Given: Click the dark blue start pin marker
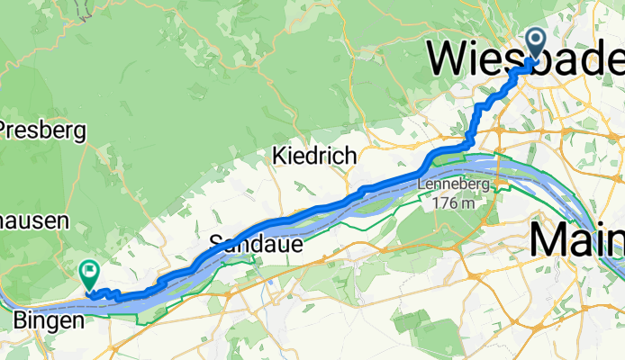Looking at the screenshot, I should tap(534, 43).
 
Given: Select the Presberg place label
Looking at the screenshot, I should tap(43, 131).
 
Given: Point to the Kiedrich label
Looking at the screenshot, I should tap(314, 157).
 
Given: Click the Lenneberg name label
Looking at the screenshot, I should tap(453, 185).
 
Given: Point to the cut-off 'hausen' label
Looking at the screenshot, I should tap(34, 221).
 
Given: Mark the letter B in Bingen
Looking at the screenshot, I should tap(21, 319).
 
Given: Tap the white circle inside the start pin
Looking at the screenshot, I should tap(534, 39).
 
